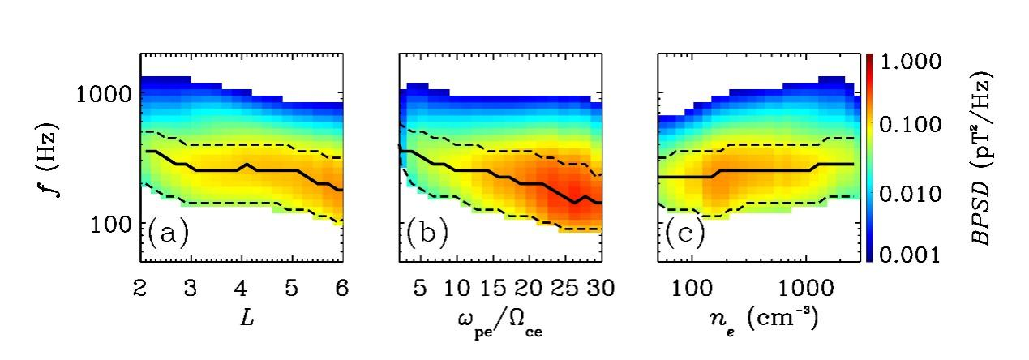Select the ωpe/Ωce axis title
[499, 322]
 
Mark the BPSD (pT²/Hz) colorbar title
[984, 158]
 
